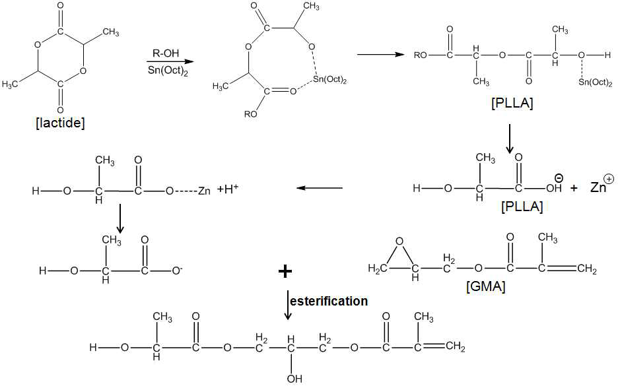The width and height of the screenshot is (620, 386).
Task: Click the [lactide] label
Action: click(60, 123)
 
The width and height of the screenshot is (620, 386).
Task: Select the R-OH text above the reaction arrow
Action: click(166, 53)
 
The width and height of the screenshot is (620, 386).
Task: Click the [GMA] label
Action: click(485, 286)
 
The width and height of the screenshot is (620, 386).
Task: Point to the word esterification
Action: click(329, 301)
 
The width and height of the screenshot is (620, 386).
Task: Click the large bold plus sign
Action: click(285, 271)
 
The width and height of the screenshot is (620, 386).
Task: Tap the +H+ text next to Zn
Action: click(227, 189)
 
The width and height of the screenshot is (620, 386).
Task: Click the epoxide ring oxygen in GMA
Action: click(399, 241)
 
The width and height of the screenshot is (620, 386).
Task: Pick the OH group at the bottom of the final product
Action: click(294, 379)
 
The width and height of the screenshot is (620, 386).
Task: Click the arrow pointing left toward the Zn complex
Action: click(320, 188)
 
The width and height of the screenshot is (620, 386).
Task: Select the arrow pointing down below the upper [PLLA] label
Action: click(510, 139)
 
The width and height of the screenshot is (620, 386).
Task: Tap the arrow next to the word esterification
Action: click(288, 305)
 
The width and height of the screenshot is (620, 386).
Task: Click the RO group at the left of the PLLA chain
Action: click(421, 55)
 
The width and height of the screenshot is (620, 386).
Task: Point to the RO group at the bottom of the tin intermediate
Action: click(251, 115)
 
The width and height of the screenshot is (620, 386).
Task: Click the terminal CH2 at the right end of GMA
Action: click(587, 269)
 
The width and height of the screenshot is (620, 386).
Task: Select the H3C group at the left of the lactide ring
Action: click(9, 84)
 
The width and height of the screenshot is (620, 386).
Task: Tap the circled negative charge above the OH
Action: click(559, 177)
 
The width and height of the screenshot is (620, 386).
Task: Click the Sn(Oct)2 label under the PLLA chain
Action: click(596, 82)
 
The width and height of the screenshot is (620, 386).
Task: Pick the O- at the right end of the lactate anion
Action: click(177, 271)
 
